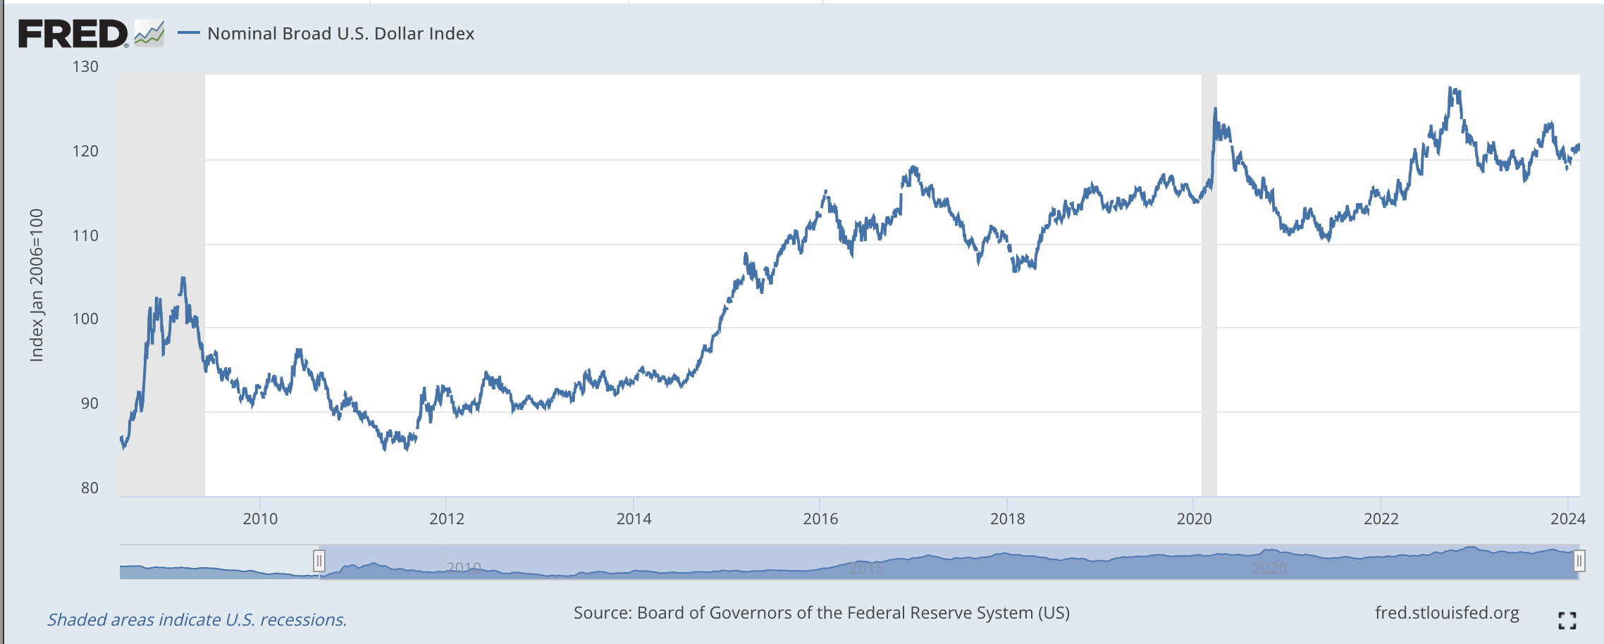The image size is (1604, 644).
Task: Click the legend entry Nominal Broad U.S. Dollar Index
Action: [x=340, y=33]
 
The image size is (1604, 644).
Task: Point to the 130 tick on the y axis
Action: [x=85, y=67]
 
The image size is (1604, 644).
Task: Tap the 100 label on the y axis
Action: [x=85, y=319]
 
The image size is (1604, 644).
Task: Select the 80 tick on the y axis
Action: [x=90, y=488]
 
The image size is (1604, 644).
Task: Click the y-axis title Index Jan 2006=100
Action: [x=37, y=285]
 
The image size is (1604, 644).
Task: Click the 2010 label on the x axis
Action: [x=260, y=519]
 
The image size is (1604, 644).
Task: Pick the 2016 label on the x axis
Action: [x=820, y=519]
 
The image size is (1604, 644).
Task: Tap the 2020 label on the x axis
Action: [x=1194, y=519]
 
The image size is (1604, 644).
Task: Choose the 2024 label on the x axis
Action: [x=1567, y=519]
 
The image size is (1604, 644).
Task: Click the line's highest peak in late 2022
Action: [x=1450, y=89]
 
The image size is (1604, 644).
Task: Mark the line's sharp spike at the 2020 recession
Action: [x=1215, y=109]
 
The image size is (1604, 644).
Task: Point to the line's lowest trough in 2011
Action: [x=385, y=448]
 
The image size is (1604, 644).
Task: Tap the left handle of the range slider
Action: [x=319, y=561]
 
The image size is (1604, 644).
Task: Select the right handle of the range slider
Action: [x=1579, y=561]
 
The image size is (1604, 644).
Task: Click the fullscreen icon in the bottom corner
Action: [x=1567, y=620]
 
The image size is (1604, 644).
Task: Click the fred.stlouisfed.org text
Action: [x=1446, y=613]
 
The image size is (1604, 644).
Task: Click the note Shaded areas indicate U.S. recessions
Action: [x=197, y=620]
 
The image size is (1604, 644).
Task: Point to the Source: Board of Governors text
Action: [x=821, y=613]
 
